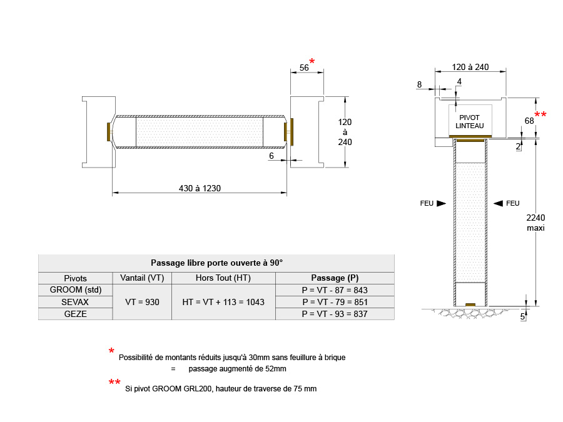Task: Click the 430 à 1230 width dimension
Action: click(x=200, y=188)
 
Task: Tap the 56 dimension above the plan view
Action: click(x=304, y=68)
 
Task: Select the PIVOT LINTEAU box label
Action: click(x=470, y=122)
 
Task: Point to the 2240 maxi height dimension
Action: click(x=535, y=223)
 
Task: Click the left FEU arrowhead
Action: click(x=441, y=203)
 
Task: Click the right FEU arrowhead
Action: click(x=498, y=203)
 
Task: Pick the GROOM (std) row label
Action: click(x=76, y=290)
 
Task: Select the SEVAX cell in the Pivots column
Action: click(x=75, y=302)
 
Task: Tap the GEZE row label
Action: click(x=76, y=314)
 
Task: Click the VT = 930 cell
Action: click(x=142, y=302)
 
